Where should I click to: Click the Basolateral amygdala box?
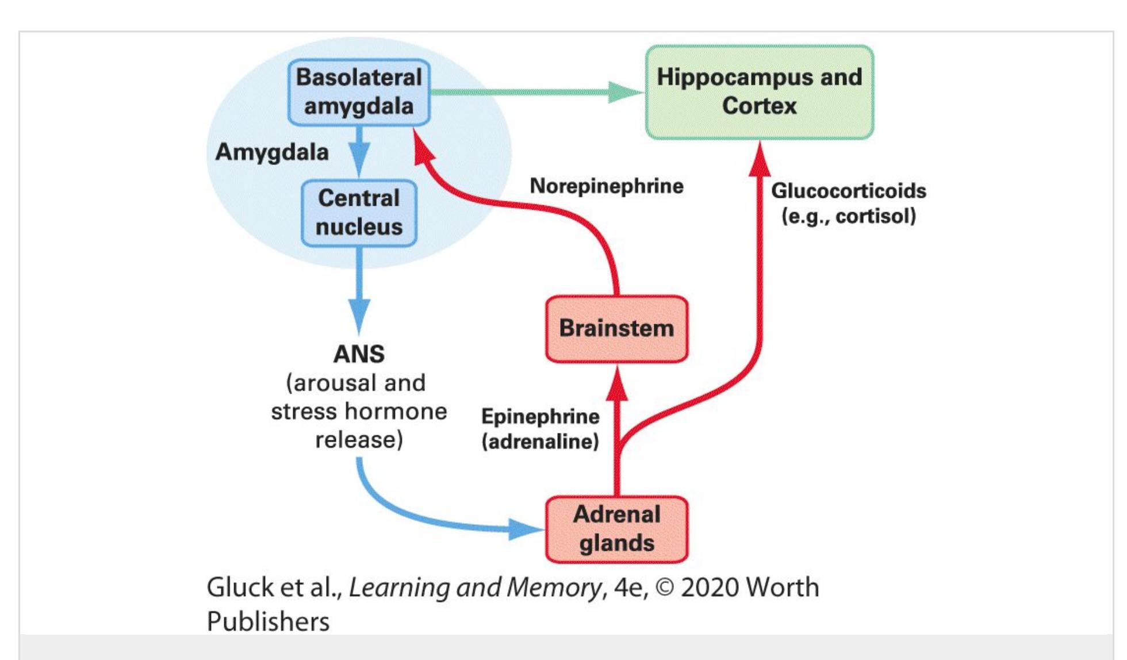tap(359, 92)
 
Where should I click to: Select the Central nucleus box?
tap(359, 213)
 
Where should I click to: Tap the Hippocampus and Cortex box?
tap(759, 92)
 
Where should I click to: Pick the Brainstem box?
tap(616, 329)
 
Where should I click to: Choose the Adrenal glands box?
tap(616, 529)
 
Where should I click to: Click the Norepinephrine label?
tap(607, 186)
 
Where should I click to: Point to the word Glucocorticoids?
tap(849, 191)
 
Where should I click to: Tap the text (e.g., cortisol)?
tap(849, 216)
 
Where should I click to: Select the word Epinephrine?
tap(540, 416)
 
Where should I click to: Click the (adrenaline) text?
tap(540, 442)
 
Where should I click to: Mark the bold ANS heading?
tap(359, 354)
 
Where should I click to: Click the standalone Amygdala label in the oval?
tap(272, 152)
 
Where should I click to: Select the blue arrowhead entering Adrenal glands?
tap(524, 529)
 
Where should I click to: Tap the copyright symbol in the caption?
tap(665, 588)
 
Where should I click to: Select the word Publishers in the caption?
tap(268, 621)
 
